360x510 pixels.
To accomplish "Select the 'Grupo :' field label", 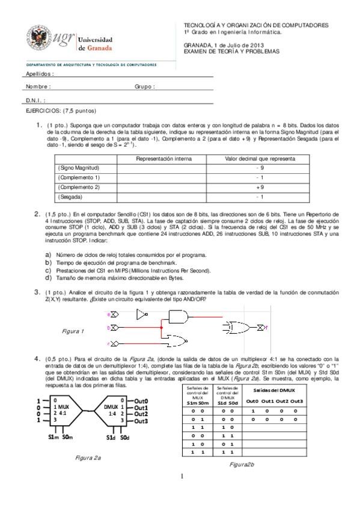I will pos(145,87).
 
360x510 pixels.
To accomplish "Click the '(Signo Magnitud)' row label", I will pos(78,168).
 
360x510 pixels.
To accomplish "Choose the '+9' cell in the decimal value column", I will pos(260,187).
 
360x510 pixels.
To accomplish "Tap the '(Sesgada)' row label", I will pos(70,197).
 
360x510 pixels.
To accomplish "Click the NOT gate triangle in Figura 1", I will pos(141,314).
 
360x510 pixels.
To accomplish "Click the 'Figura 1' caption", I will pos(73,331).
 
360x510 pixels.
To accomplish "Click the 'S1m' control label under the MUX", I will pos(53,437).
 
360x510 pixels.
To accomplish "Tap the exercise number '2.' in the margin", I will pos(37,214).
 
